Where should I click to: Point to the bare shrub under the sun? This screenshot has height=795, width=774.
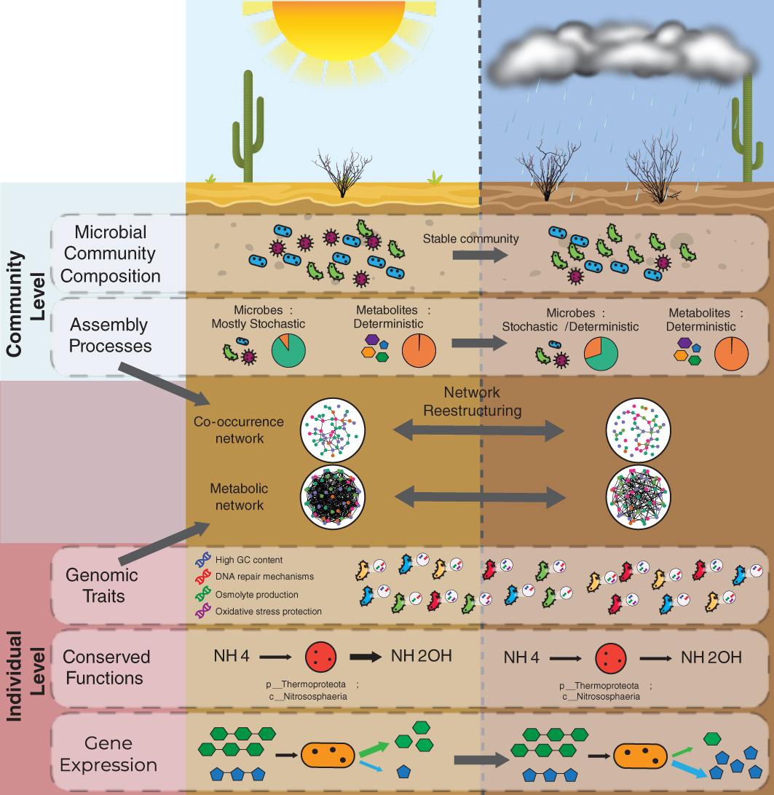pos(341,175)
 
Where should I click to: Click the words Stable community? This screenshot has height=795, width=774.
pos(471,238)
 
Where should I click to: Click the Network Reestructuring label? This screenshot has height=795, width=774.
pos(473,402)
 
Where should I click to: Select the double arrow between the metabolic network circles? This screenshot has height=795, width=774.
pos(479,497)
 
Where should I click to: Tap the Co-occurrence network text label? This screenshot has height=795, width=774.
pos(239,430)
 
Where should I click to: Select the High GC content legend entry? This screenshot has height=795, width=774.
pos(248,560)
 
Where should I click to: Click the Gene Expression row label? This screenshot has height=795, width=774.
pos(108,754)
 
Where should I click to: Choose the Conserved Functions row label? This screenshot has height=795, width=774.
pos(106,667)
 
